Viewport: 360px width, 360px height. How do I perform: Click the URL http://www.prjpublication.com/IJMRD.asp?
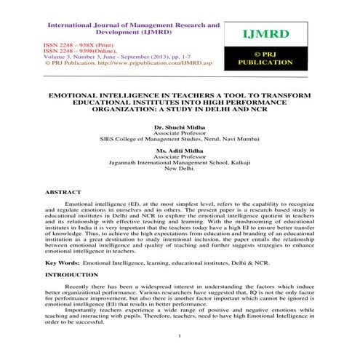click(x=130, y=63)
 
